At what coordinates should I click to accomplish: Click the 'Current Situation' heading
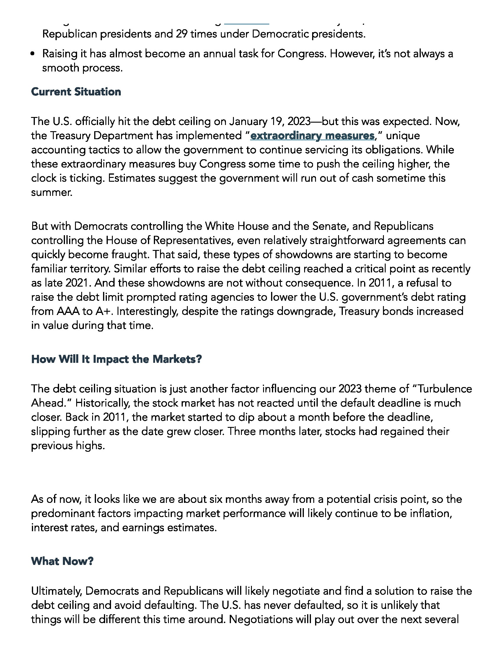coord(76,92)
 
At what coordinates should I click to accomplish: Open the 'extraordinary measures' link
coord(312,136)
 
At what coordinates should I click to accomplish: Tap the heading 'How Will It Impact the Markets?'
coord(116,359)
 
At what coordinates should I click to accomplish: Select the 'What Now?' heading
coord(62,561)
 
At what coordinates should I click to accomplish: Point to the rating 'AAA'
coord(68,311)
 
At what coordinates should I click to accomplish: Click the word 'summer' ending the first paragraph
coord(51,193)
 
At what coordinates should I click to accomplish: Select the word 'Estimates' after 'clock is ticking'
coord(132,178)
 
